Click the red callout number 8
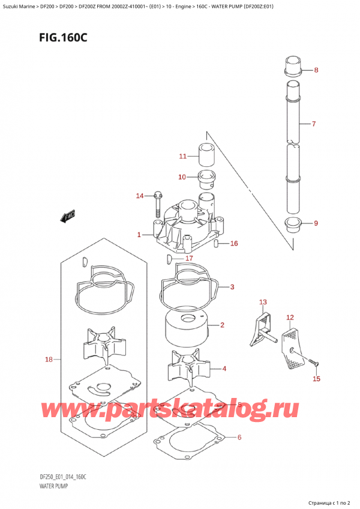[x=316, y=70]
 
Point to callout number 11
[x=183, y=157]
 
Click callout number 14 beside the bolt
[x=140, y=196]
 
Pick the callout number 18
[x=49, y=360]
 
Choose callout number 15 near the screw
[x=316, y=379]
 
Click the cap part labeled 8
[x=293, y=64]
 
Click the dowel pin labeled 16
[x=218, y=244]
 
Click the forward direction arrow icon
[x=66, y=217]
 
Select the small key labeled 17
[x=170, y=259]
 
